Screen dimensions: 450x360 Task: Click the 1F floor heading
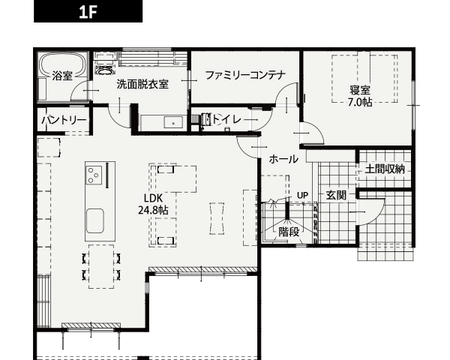click(x=88, y=12)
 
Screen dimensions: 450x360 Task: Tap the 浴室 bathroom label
click(x=62, y=76)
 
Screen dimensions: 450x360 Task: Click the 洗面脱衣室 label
click(x=142, y=84)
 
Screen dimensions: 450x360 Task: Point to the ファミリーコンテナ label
click(x=246, y=75)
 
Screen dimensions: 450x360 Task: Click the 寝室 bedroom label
click(x=360, y=90)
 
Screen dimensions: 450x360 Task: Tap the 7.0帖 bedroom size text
click(x=360, y=102)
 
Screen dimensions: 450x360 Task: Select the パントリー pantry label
click(x=64, y=120)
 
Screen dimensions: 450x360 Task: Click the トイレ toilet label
click(x=226, y=118)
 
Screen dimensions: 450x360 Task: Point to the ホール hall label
click(x=283, y=159)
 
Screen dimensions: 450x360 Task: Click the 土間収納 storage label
click(x=385, y=169)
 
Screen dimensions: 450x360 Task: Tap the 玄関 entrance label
click(x=336, y=196)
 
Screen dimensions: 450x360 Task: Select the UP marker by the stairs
click(x=302, y=196)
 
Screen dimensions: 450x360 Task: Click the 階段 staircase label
click(x=289, y=232)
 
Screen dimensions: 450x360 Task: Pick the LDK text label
click(x=153, y=198)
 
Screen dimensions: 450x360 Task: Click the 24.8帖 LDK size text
click(x=153, y=211)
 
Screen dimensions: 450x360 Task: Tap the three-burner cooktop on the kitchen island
click(x=94, y=175)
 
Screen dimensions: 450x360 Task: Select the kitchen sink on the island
click(x=95, y=220)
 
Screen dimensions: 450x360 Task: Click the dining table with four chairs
click(x=101, y=266)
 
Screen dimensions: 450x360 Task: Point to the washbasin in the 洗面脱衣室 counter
click(x=173, y=122)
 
